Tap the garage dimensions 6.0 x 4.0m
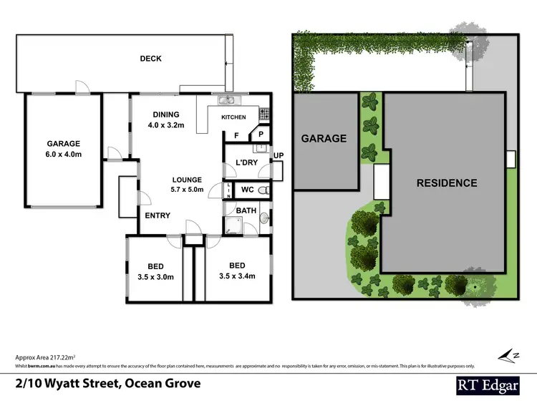pyautogui.click(x=64, y=154)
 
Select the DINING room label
pyautogui.click(x=166, y=115)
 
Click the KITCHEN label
pyautogui.click(x=233, y=117)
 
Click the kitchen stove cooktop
pyautogui.click(x=263, y=113)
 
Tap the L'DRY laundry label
pyautogui.click(x=246, y=163)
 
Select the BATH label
pyautogui.click(x=245, y=210)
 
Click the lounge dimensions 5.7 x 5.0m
pyautogui.click(x=186, y=190)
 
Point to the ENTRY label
pyautogui.click(x=158, y=215)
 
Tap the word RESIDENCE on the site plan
pyautogui.click(x=447, y=183)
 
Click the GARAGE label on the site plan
pyautogui.click(x=323, y=139)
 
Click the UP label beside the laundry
pyautogui.click(x=278, y=155)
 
